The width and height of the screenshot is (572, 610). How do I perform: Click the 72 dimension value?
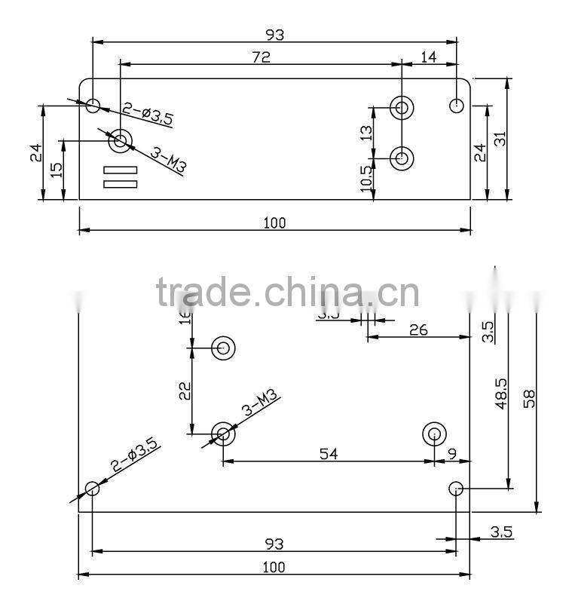point(260,56)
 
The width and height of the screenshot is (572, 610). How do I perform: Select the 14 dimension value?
point(428,56)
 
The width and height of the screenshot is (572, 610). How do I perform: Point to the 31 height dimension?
point(521,139)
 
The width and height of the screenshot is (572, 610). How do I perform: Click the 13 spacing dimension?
point(367,133)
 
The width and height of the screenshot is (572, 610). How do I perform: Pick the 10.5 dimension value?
point(367,180)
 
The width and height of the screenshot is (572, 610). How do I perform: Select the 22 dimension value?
point(184,391)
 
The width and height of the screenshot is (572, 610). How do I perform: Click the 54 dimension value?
point(328,453)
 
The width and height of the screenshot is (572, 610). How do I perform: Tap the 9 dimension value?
point(452,453)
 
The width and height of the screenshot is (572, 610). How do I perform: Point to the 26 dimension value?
point(419,330)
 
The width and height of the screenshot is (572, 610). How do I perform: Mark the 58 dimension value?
point(531,397)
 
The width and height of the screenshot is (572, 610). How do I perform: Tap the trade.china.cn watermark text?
point(287,293)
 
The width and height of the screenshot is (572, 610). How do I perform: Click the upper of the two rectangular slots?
point(120,170)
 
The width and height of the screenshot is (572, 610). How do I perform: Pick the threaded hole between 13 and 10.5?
point(402,158)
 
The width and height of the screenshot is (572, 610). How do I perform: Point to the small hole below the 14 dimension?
point(456,105)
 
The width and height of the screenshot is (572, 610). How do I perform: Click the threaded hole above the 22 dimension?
point(224,348)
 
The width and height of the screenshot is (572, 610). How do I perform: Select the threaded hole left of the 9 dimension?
point(434,434)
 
